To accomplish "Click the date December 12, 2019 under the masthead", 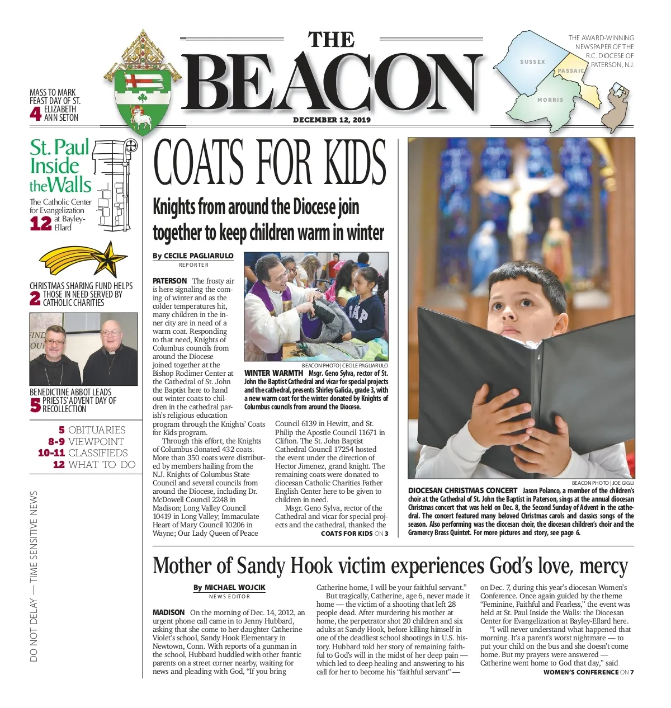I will tap(332, 120).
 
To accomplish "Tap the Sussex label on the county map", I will tap(532, 62).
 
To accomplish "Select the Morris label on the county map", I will tap(550, 100).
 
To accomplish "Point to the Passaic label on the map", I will tap(571, 71).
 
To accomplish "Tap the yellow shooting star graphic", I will tap(84, 259).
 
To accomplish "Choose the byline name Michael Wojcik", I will tap(235, 587).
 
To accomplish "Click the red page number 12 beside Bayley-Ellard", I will tap(40, 224).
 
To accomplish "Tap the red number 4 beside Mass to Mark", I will tap(35, 114).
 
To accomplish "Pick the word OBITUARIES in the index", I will tap(97, 430).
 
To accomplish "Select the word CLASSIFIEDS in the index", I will tap(98, 453).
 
